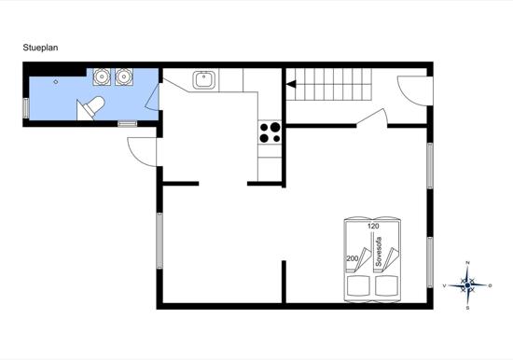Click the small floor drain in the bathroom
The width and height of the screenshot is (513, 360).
pyautogui.click(x=57, y=83)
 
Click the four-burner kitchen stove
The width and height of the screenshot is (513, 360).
pyautogui.click(x=270, y=132)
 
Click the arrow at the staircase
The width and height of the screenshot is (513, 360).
pyautogui.click(x=292, y=85)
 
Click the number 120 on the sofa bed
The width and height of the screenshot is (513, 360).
pyautogui.click(x=373, y=226)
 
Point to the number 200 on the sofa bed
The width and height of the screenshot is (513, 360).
pyautogui.click(x=353, y=259)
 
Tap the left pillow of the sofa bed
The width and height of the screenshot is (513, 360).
pyautogui.click(x=359, y=284)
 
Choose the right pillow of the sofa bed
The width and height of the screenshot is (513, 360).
pyautogui.click(x=388, y=284)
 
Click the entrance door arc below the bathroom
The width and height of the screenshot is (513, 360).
pyautogui.click(x=139, y=149)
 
